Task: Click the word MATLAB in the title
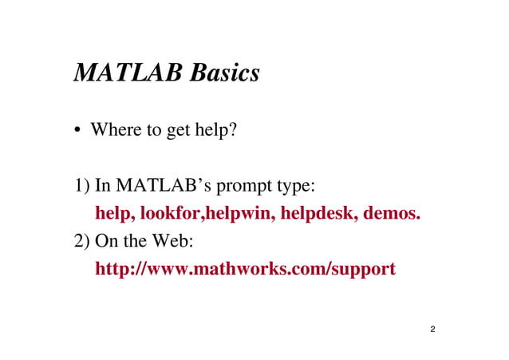[x=128, y=73]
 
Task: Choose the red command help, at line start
[x=116, y=215]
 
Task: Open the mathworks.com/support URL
[x=245, y=270]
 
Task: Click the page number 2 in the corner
[x=432, y=329]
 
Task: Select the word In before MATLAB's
[x=102, y=188]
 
